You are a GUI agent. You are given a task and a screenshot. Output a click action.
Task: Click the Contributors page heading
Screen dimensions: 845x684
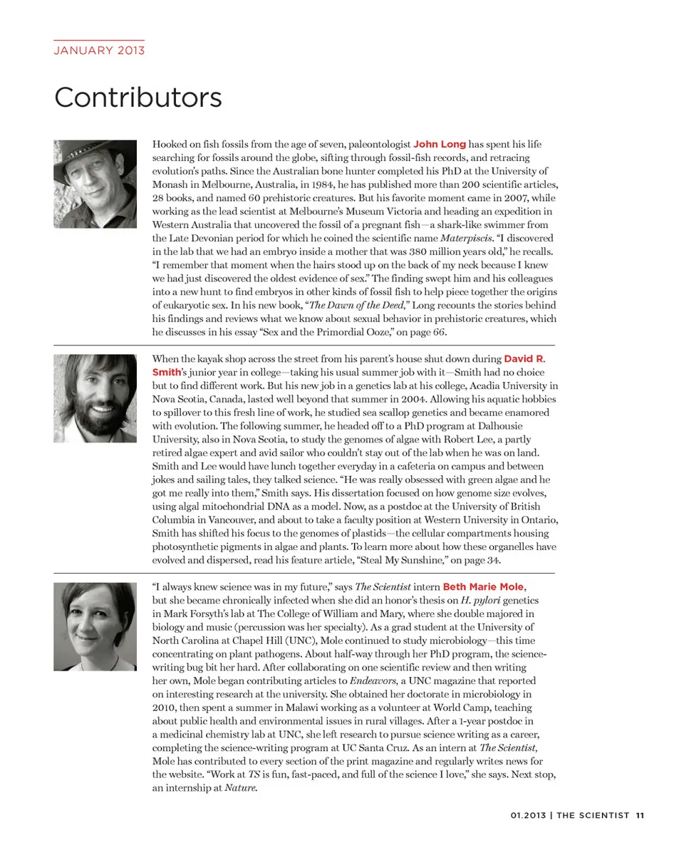pyautogui.click(x=138, y=97)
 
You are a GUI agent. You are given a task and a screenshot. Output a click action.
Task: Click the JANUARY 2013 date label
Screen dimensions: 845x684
pyautogui.click(x=99, y=50)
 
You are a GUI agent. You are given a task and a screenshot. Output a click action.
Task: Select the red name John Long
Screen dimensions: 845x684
pyautogui.click(x=440, y=144)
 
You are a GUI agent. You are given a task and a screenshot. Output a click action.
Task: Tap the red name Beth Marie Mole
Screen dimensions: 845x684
pyautogui.click(x=484, y=586)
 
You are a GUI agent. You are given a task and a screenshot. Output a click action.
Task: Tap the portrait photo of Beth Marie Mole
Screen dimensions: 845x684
pyautogui.click(x=95, y=626)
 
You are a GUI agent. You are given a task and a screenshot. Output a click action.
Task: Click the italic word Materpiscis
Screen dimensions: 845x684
pyautogui.click(x=467, y=238)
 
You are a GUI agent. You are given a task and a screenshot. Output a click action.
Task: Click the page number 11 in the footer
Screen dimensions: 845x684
pyautogui.click(x=641, y=816)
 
